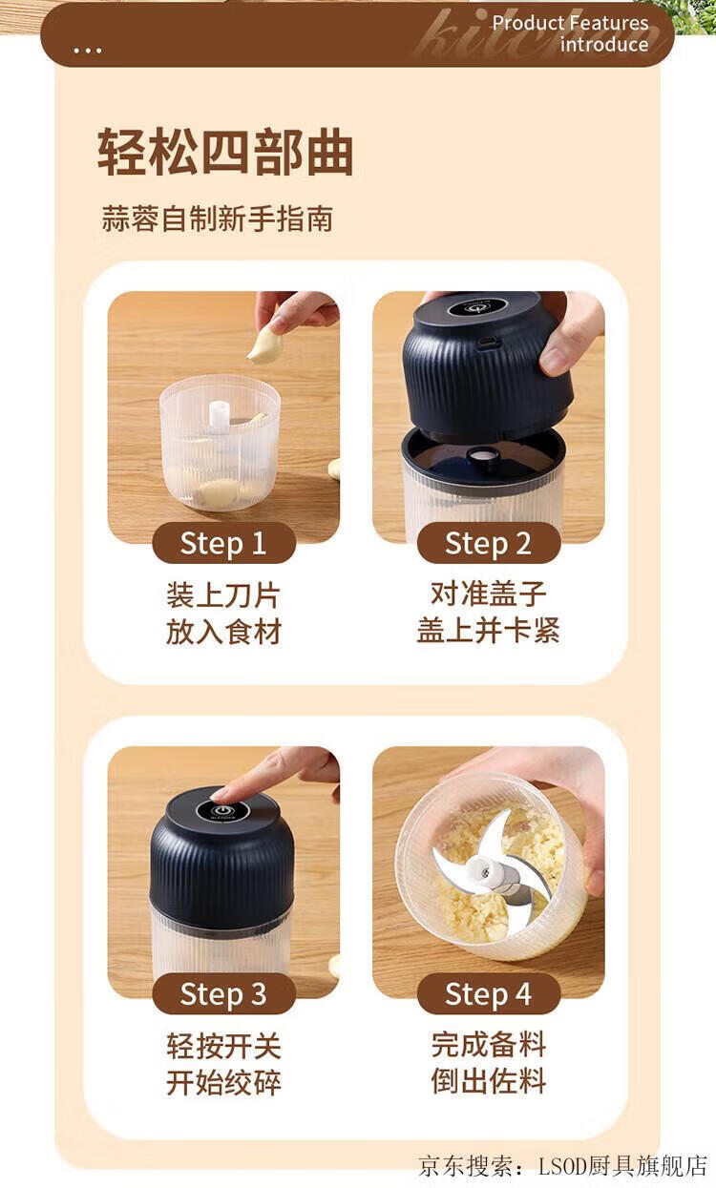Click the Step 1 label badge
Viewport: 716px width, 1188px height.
tap(223, 543)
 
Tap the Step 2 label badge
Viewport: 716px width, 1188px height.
tap(488, 543)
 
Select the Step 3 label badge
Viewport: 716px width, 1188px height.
tap(223, 993)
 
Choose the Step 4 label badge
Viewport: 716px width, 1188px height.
tap(488, 993)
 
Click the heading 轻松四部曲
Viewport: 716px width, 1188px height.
tap(225, 152)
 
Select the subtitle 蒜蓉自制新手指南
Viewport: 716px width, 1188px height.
tap(217, 219)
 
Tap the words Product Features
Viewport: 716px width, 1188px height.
tap(570, 23)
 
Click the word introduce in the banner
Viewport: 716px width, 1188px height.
tap(604, 45)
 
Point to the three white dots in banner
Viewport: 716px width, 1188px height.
tap(88, 51)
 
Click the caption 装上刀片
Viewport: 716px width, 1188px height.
tap(223, 594)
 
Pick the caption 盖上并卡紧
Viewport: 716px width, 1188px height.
tap(488, 630)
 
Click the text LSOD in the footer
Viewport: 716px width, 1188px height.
tap(562, 1166)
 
